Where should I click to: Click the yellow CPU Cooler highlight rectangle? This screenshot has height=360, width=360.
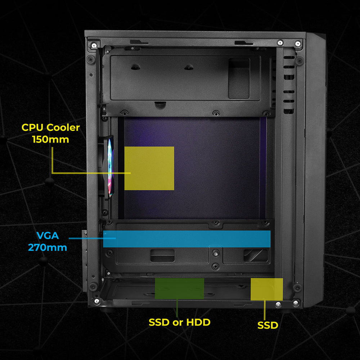tap(149, 168)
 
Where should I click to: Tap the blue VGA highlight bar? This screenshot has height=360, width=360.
tap(187, 239)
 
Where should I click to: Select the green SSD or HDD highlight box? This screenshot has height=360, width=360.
tap(179, 288)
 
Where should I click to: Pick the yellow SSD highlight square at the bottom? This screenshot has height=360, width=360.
tap(267, 289)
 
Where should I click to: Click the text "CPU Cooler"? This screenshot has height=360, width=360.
tap(51, 127)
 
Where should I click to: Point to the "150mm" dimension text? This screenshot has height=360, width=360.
tap(50, 139)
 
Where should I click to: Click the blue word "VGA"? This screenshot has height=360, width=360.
tap(47, 236)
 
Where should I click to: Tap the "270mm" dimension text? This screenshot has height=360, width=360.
tap(47, 248)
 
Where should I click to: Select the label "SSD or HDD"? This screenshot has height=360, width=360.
tap(179, 322)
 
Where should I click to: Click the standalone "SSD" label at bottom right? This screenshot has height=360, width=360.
tap(268, 325)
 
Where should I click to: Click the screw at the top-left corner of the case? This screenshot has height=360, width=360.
tap(94, 45)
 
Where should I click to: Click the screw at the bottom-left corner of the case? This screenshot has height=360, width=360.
tap(96, 301)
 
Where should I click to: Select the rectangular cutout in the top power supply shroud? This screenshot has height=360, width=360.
tap(239, 78)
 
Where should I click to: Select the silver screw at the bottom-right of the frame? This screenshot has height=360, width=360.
tap(296, 303)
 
